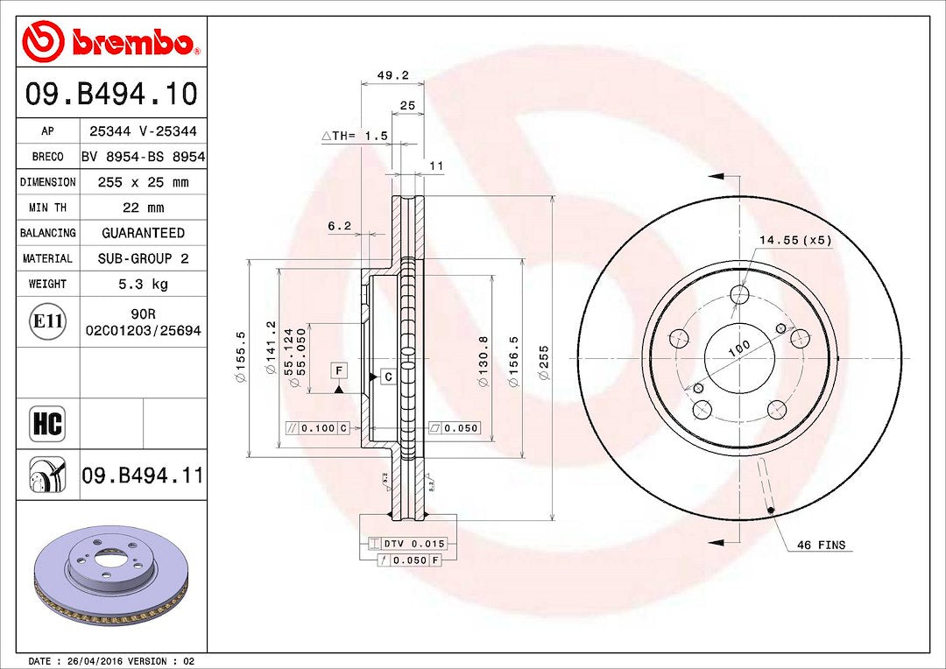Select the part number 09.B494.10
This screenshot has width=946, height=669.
[111, 94]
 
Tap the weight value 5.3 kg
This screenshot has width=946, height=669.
[144, 284]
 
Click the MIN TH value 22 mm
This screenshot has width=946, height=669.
[144, 208]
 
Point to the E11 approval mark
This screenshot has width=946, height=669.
[47, 322]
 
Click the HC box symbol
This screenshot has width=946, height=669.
[47, 424]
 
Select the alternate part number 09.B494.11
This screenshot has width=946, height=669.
[142, 476]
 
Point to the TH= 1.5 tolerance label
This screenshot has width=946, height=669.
[354, 136]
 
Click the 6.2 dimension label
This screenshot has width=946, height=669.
[339, 226]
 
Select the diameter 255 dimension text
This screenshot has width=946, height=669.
[543, 362]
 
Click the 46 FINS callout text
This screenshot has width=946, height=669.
[821, 545]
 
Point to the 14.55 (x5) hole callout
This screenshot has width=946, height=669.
[794, 239]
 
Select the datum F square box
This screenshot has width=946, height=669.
[338, 370]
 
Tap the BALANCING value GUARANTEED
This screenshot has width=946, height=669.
[144, 233]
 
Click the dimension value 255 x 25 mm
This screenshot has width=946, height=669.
[144, 182]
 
